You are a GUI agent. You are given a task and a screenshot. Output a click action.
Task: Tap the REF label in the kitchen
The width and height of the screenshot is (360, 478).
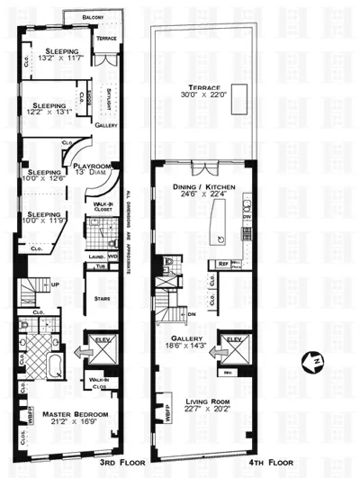[x=224, y=264]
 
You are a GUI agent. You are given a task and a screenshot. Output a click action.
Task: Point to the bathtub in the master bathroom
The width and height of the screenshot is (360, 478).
[x=49, y=367]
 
